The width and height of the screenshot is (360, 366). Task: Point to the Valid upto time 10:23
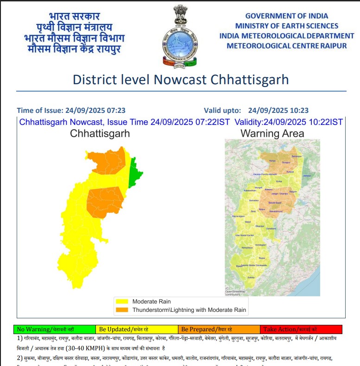[299, 111]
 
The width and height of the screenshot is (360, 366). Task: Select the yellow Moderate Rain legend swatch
[122, 302]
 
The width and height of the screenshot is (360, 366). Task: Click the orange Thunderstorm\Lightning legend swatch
[122, 310]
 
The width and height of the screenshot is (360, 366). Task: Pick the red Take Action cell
[301, 329]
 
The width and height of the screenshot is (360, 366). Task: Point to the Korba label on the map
[278, 181]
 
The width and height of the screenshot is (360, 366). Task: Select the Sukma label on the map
[251, 277]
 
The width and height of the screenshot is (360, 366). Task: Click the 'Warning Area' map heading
[272, 134]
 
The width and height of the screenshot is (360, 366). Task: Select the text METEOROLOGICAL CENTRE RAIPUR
[287, 45]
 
